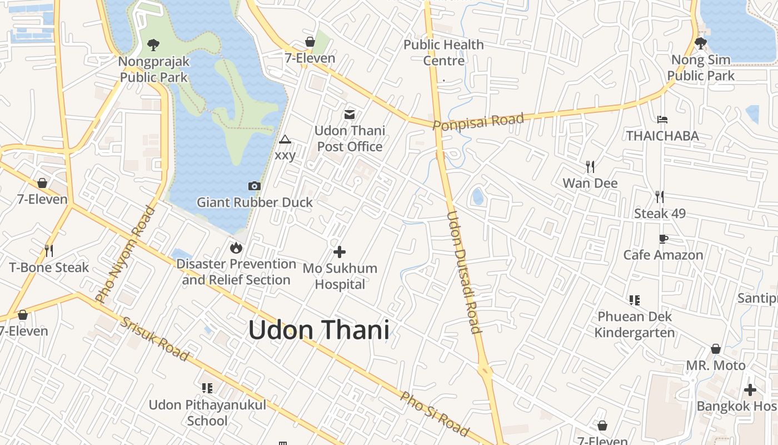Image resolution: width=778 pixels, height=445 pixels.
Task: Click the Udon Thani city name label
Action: click(318, 330)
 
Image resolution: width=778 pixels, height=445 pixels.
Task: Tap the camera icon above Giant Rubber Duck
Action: click(254, 186)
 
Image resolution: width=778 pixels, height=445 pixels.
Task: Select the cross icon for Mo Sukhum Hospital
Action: click(339, 252)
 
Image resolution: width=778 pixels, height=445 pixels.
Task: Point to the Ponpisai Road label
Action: click(478, 121)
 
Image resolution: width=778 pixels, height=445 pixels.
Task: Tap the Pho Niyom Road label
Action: click(125, 255)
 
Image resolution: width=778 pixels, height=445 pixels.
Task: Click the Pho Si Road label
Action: click(435, 414)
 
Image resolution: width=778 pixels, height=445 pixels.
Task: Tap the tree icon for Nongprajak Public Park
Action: click(153, 44)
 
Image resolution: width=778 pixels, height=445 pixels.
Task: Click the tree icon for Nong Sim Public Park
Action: click(701, 43)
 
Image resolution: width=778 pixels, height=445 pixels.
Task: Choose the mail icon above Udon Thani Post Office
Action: click(350, 115)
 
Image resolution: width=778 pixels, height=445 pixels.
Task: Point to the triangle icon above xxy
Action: click(285, 139)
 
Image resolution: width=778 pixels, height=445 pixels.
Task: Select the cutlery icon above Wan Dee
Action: click(590, 166)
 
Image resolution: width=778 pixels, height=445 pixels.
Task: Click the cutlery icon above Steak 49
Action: click(660, 196)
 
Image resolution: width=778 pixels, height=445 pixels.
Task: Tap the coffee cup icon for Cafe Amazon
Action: click(663, 239)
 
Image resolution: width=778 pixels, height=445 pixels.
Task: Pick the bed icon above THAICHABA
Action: click(662, 119)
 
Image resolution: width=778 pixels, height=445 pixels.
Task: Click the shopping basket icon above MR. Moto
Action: click(716, 349)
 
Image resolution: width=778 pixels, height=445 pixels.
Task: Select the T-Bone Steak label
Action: click(49, 268)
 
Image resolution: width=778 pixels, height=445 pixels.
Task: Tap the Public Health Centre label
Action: click(443, 52)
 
